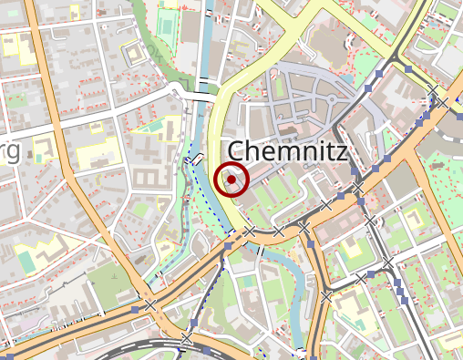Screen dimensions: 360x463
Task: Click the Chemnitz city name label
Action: pyautogui.click(x=286, y=151)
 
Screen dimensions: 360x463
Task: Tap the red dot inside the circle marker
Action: pyautogui.click(x=232, y=180)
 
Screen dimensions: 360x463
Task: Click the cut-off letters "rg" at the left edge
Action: pyautogui.click(x=9, y=152)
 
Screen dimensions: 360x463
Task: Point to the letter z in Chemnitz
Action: pyautogui.click(x=339, y=151)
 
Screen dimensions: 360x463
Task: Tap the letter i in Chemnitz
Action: pyautogui.click(x=318, y=151)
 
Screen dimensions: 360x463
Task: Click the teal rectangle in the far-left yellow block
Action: pyautogui.click(x=26, y=261)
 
